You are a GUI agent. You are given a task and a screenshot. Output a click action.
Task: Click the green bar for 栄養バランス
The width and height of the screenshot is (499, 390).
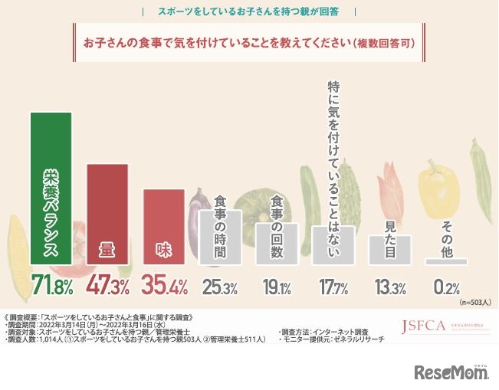[x=51, y=188]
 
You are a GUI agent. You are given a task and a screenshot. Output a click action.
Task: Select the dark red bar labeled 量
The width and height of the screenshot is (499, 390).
[x=108, y=215]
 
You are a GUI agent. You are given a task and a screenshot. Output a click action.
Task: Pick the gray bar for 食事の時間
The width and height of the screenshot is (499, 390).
[x=220, y=238]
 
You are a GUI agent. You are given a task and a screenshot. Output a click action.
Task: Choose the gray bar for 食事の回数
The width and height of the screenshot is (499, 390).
[x=277, y=244]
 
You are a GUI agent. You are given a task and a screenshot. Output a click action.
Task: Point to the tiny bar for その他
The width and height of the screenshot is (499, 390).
[x=447, y=261]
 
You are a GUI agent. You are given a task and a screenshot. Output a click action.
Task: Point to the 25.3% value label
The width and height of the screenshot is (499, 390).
[x=220, y=287]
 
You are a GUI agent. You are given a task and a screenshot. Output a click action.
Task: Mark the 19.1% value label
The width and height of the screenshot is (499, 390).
[x=277, y=287]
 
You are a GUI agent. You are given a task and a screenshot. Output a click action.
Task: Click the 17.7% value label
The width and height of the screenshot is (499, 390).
[x=333, y=287]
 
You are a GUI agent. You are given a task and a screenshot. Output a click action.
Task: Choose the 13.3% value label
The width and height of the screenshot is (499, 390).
[x=390, y=287]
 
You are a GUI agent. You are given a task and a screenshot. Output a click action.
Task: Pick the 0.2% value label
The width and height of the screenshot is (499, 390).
[x=446, y=287]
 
